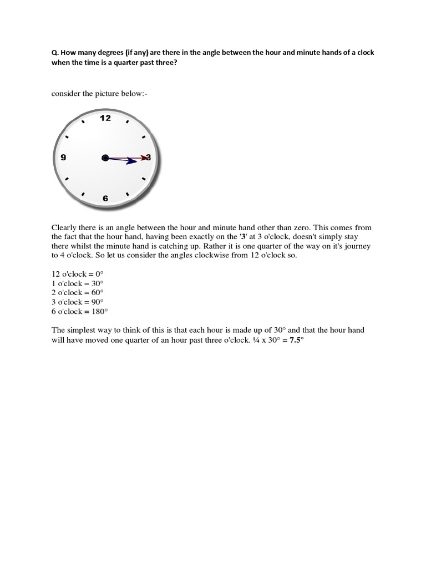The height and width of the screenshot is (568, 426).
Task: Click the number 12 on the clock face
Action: pyautogui.click(x=105, y=118)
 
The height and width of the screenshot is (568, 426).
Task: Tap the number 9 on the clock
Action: pyautogui.click(x=63, y=158)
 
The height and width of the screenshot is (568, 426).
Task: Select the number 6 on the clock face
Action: pyautogui.click(x=105, y=198)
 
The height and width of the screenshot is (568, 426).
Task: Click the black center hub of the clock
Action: pyautogui.click(x=105, y=158)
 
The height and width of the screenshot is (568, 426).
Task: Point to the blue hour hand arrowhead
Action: pyautogui.click(x=132, y=161)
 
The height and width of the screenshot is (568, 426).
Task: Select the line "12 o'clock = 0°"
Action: pyautogui.click(x=78, y=273)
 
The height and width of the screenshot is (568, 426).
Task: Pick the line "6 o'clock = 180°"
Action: pyautogui.click(x=80, y=311)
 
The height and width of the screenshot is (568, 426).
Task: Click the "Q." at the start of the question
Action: pyautogui.click(x=54, y=53)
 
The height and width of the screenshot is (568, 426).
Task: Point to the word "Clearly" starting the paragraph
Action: pyautogui.click(x=64, y=228)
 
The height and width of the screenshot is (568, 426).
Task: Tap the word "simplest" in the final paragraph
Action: pyautogui.click(x=82, y=331)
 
